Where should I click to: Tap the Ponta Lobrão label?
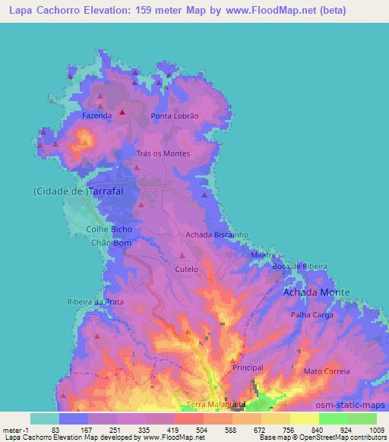(x=175, y=115)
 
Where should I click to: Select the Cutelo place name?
(x=186, y=269)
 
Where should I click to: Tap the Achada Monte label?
(x=316, y=292)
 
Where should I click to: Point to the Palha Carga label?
(x=312, y=314)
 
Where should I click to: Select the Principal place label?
(x=248, y=368)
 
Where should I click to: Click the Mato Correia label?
(x=327, y=371)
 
